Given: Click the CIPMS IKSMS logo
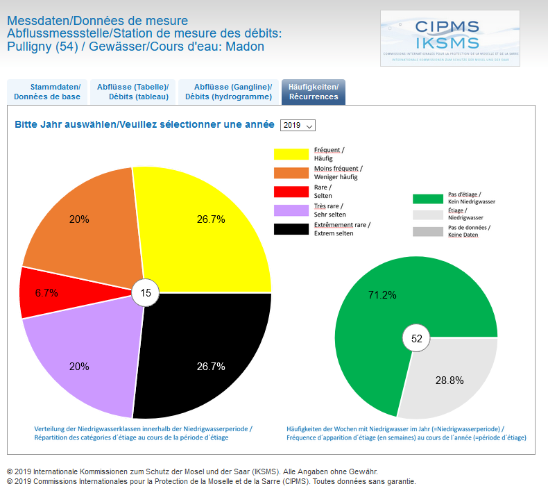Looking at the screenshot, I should coord(449,38).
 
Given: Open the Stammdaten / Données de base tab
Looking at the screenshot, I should coord(47,92).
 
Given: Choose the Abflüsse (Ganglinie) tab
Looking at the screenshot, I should coord(228,92).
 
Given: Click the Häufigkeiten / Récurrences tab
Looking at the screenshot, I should coord(314,92).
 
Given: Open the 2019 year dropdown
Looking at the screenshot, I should coord(298,125).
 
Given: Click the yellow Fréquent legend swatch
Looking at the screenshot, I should coord(291,154).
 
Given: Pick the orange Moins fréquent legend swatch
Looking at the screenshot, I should coord(291,173).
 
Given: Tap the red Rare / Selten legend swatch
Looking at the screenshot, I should coord(291,192).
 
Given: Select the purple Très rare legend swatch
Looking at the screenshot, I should coord(291,210).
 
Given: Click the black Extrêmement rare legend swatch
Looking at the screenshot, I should coord(291,229).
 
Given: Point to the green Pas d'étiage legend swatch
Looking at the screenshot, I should coord(427,199).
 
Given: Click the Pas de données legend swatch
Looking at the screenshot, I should coord(427,232).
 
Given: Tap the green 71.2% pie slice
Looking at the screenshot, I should coord(388,292).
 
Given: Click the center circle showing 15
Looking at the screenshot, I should coord(146,293).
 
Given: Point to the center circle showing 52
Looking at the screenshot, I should coord(416,338).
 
